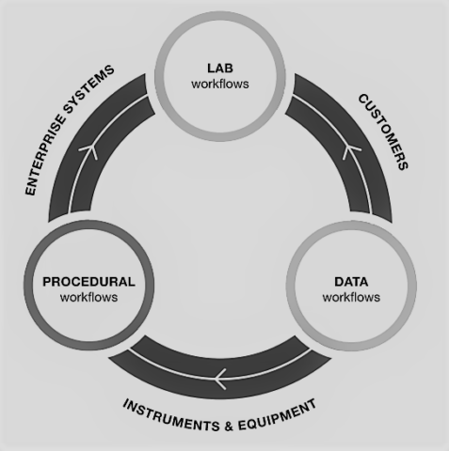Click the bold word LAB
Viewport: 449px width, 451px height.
(220, 69)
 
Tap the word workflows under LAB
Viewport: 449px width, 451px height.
(220, 84)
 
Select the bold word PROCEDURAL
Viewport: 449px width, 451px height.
(88, 282)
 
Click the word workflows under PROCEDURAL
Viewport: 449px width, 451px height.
(88, 297)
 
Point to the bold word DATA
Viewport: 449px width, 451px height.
(351, 282)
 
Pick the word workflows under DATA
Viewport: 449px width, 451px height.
(351, 297)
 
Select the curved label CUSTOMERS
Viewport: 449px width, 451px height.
(383, 132)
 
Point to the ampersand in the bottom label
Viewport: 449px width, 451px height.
(229, 427)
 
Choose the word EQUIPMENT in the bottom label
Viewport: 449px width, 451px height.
(277, 414)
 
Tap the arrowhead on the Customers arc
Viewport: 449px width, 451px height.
(350, 151)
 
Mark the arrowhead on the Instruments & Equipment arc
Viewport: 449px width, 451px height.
(220, 379)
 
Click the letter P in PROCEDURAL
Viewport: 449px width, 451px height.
(47, 282)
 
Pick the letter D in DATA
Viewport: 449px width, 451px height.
(339, 282)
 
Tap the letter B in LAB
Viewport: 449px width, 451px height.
(229, 69)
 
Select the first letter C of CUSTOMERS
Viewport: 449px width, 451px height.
(363, 99)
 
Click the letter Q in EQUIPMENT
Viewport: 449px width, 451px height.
(251, 425)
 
